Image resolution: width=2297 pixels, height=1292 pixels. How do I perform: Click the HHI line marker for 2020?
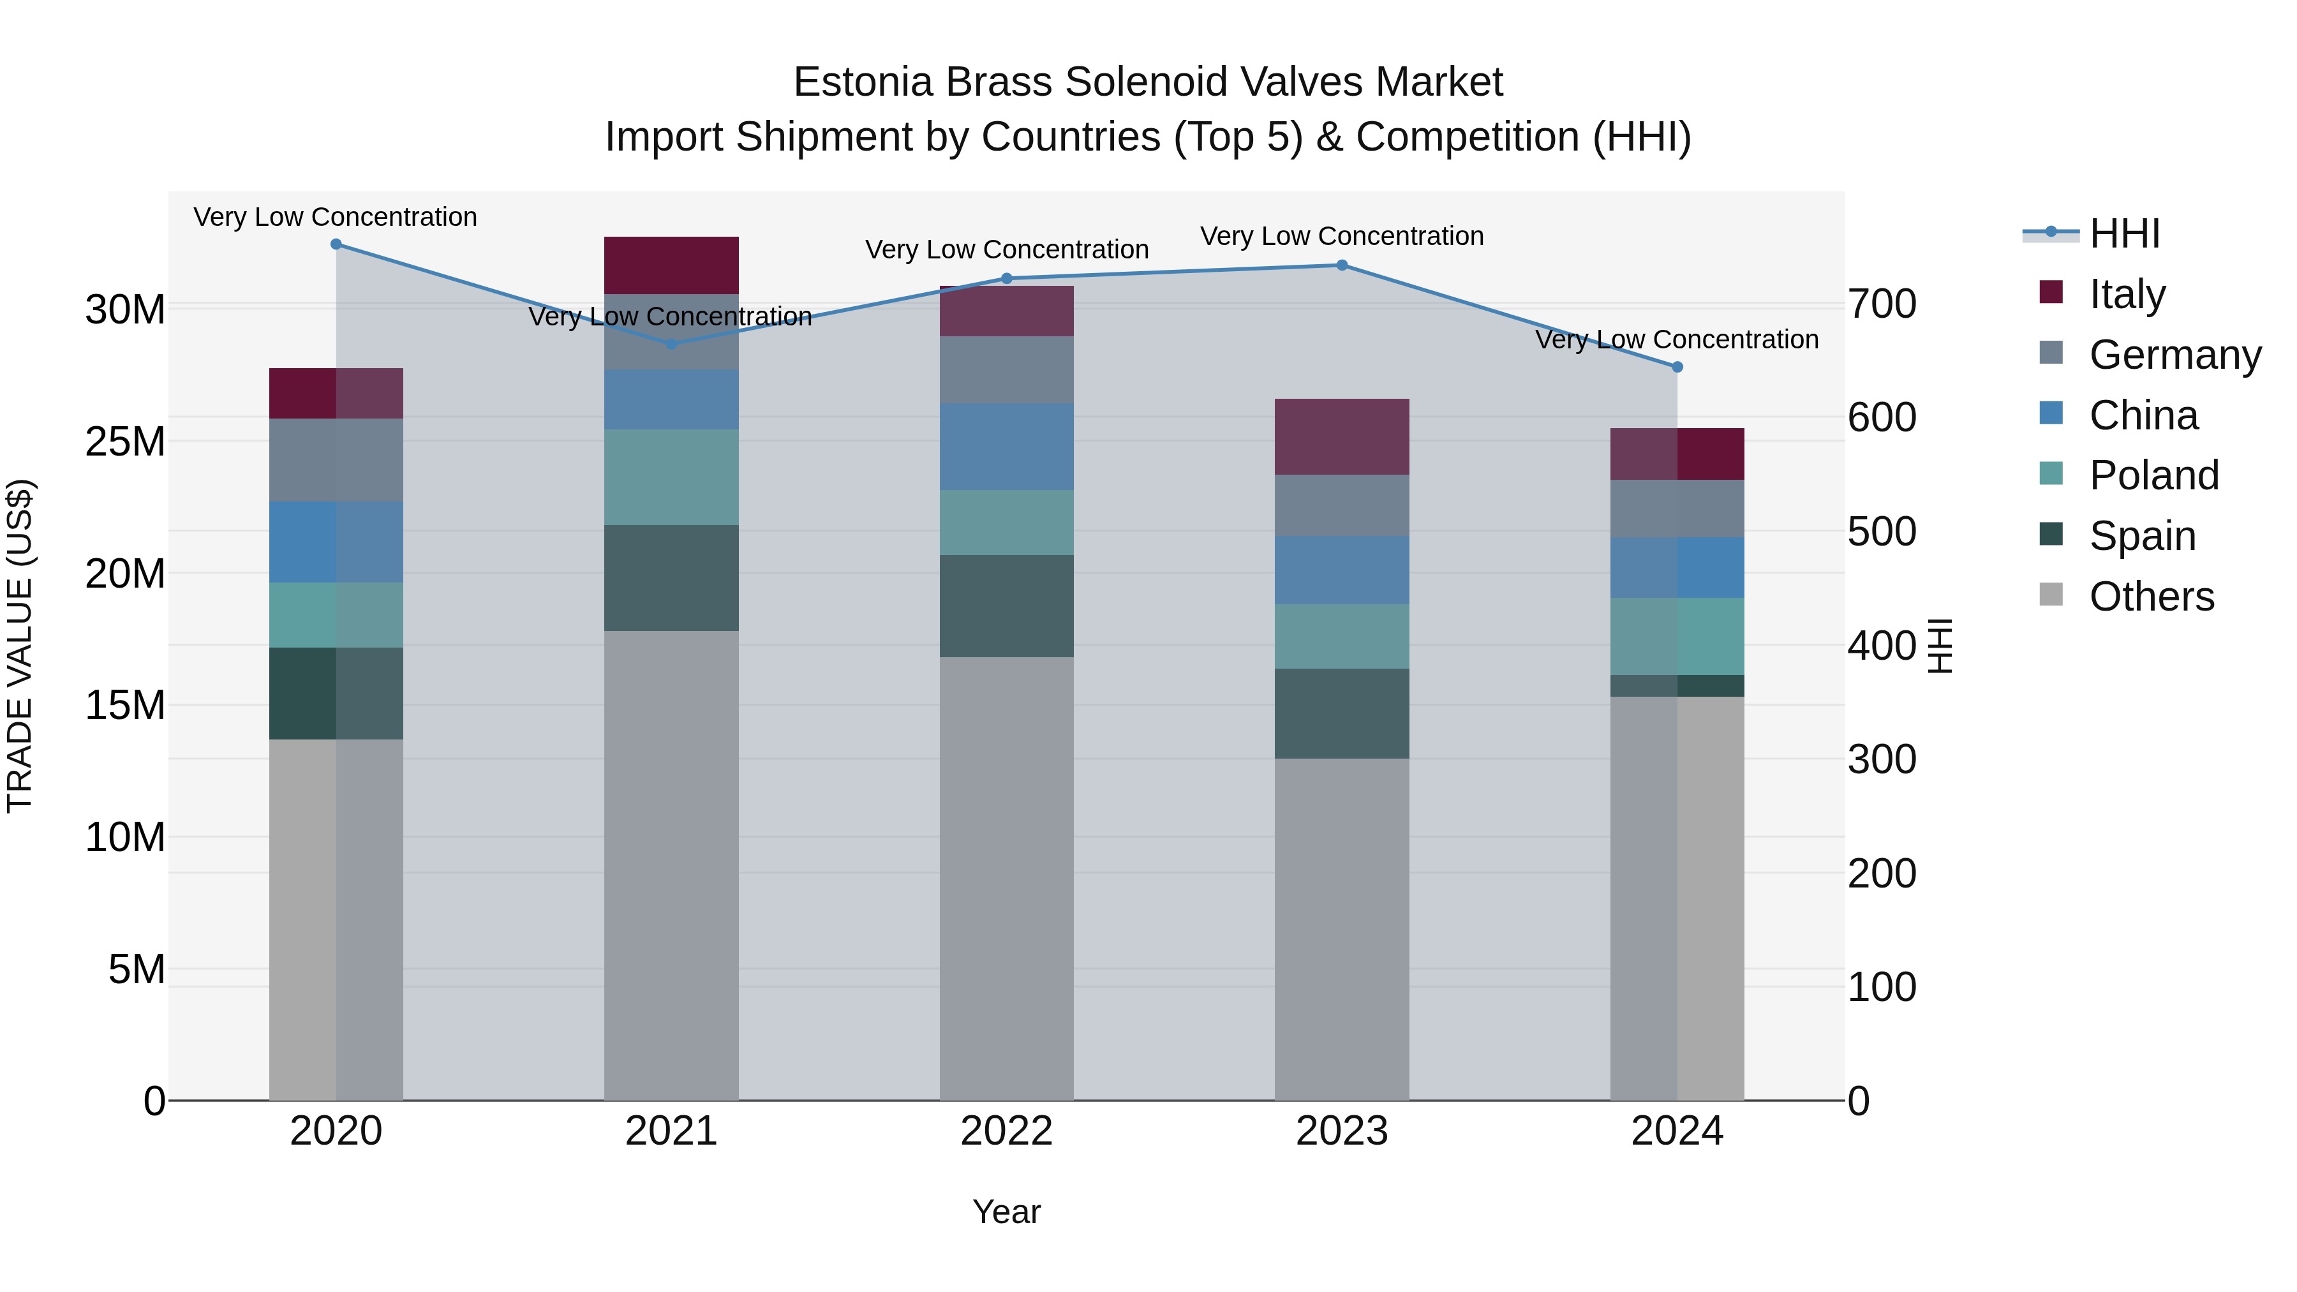click(336, 244)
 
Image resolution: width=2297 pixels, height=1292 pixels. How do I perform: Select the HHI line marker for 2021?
click(671, 344)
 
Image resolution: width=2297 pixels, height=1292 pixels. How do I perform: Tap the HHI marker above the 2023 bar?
click(1342, 265)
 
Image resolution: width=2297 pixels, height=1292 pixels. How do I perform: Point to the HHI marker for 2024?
click(1677, 366)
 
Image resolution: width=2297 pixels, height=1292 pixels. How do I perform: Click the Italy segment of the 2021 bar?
click(671, 265)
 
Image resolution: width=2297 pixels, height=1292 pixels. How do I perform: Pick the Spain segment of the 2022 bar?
click(1007, 606)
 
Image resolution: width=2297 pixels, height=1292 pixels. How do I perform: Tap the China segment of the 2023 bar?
click(1342, 570)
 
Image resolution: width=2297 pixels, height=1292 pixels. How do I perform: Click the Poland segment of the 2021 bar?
click(671, 477)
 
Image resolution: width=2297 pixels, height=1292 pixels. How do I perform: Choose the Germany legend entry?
click(2174, 354)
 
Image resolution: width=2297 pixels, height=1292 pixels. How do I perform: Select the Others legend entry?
click(2151, 596)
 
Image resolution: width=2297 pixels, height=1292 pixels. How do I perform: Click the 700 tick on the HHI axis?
click(1882, 304)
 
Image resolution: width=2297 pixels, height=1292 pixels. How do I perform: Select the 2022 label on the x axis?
click(1007, 1131)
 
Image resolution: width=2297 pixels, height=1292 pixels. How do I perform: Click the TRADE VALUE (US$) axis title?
click(20, 646)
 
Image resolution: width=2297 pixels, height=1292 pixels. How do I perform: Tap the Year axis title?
click(1007, 1212)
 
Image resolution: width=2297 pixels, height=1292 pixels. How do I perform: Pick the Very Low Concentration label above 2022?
click(1007, 249)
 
